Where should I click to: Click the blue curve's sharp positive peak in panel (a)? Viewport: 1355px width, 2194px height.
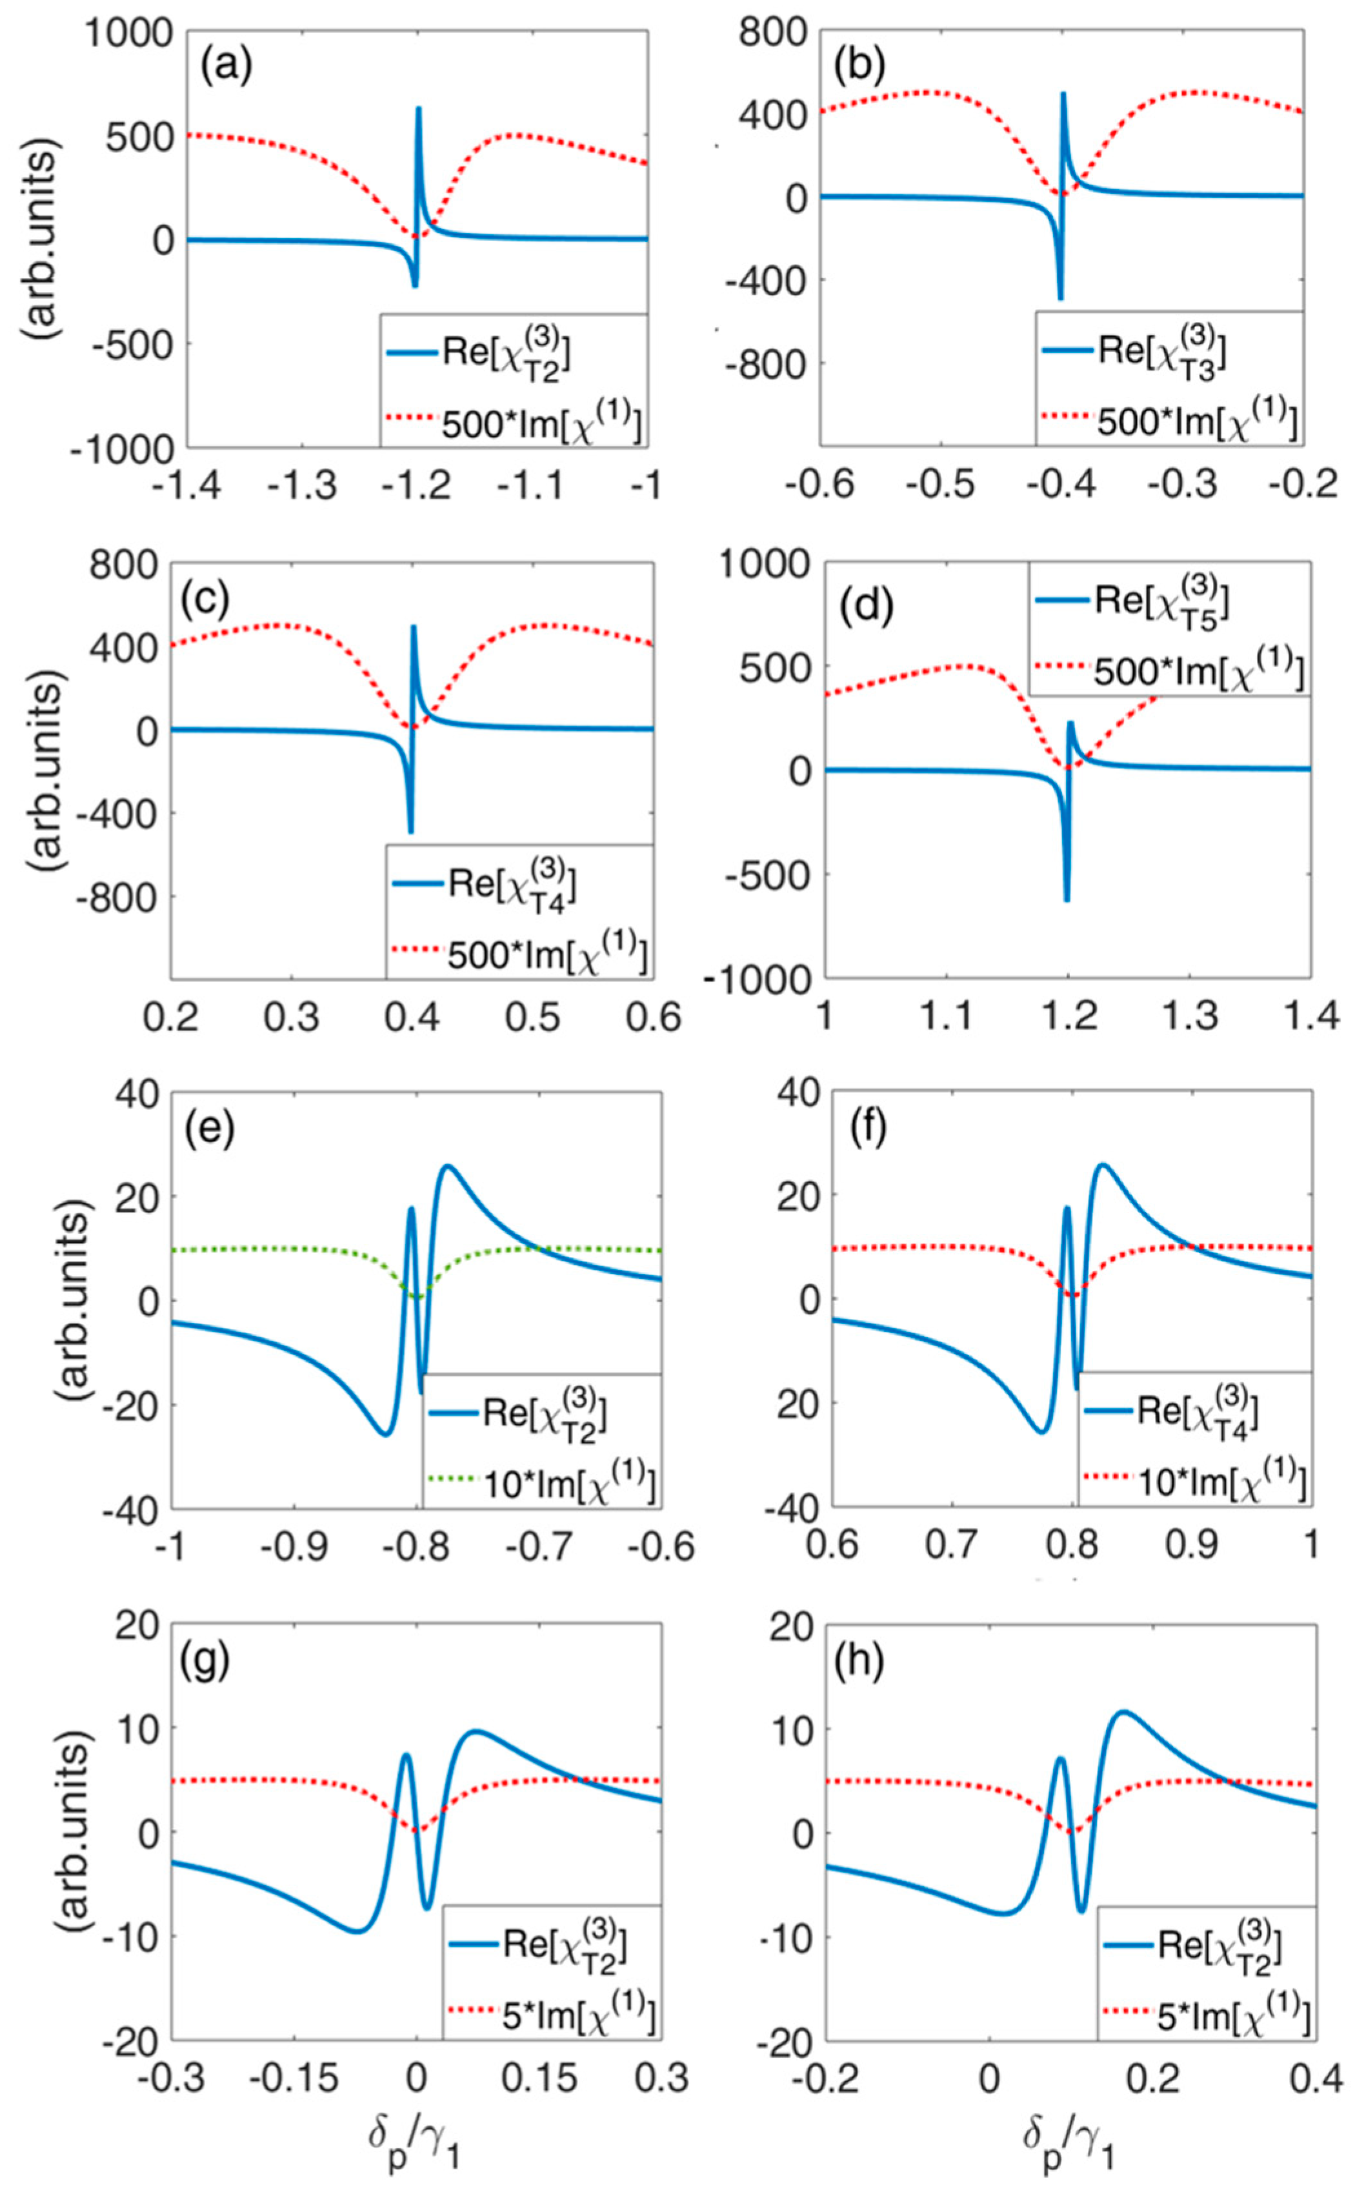pyautogui.click(x=419, y=109)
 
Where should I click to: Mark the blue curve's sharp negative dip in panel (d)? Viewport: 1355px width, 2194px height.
pyautogui.click(x=1067, y=899)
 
